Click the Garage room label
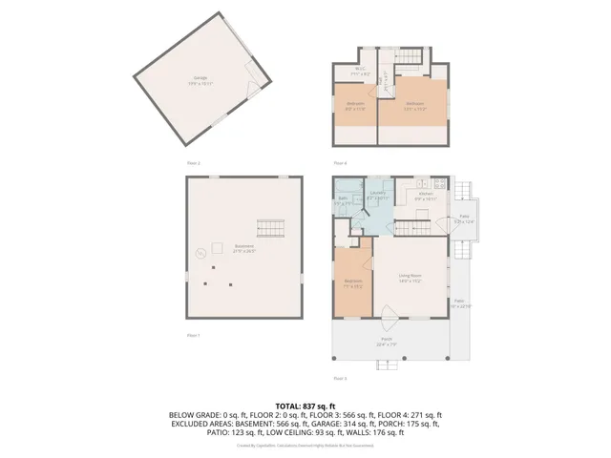coord(201,80)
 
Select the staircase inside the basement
coord(270,229)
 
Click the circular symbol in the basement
coord(200,254)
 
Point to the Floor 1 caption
coord(194,335)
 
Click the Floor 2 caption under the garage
coord(194,163)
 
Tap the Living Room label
coord(411,278)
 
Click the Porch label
coord(387,341)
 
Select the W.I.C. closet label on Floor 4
coord(361,70)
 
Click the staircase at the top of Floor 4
coord(409,57)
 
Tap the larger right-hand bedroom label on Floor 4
coord(414,105)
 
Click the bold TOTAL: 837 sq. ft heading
coord(305,406)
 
